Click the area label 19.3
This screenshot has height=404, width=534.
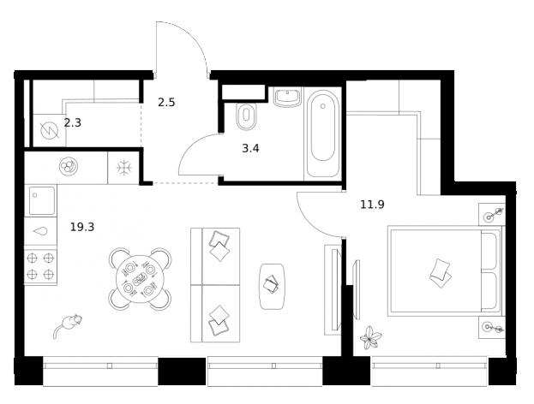point(81,227)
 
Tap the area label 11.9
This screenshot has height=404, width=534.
point(372,205)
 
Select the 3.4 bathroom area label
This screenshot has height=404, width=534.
point(250,148)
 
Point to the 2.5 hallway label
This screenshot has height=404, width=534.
point(166,103)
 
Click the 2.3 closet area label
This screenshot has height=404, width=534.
point(72,122)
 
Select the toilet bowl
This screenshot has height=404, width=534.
point(246,115)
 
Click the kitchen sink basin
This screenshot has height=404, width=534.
point(41,200)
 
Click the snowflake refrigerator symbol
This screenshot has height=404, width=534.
point(123,167)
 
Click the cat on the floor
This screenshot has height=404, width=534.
point(67,325)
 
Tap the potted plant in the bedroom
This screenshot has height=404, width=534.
point(369,338)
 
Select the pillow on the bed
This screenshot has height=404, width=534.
point(441,271)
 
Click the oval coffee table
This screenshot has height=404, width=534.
point(271,286)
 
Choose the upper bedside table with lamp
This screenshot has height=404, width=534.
point(492,215)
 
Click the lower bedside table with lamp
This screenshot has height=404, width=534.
point(492,326)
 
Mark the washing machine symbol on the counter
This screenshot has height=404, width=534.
point(67,166)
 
